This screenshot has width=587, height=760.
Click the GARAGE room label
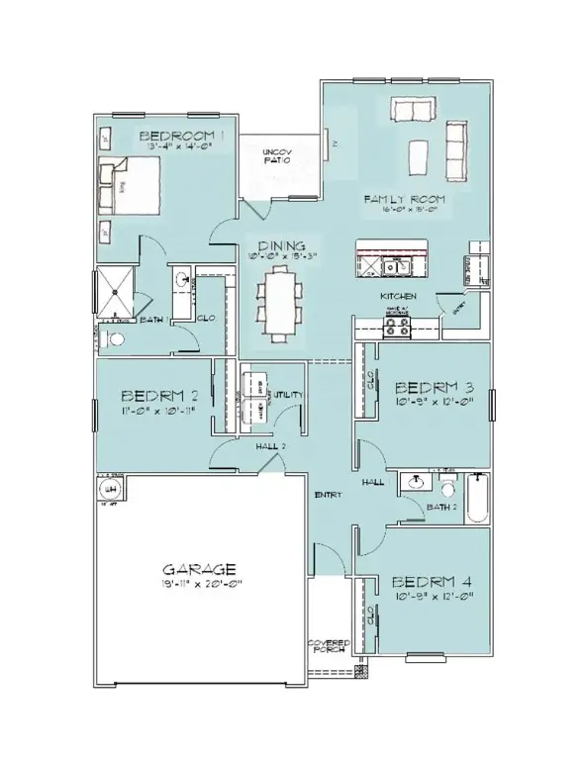[x=198, y=570]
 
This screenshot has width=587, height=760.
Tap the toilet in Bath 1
[x=116, y=339]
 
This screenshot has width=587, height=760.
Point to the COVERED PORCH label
[x=327, y=646]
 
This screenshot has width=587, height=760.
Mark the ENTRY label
[x=328, y=494]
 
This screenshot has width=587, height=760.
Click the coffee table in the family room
[x=418, y=154]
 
